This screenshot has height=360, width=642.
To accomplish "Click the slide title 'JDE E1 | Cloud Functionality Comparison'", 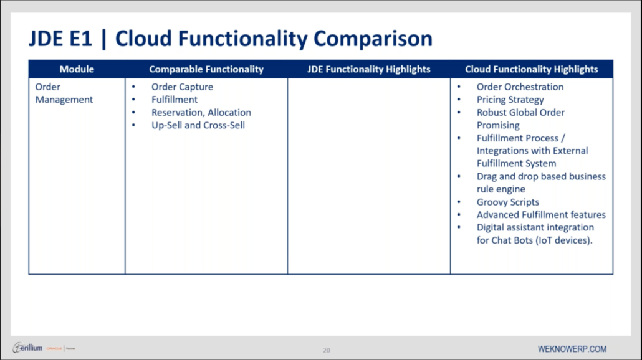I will click(x=230, y=39).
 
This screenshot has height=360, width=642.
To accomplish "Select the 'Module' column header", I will click(x=77, y=69).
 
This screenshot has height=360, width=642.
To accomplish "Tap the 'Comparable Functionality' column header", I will click(x=206, y=69).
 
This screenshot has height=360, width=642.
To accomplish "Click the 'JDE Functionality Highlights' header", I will click(x=368, y=69).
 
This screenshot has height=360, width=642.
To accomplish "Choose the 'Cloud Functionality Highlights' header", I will click(x=531, y=69).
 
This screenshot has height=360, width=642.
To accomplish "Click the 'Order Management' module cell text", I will click(x=64, y=93).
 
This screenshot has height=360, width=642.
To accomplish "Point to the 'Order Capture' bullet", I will click(x=182, y=87).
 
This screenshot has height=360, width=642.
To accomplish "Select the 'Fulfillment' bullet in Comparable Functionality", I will click(x=174, y=100).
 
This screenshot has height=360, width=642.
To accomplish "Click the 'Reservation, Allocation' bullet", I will click(x=201, y=113).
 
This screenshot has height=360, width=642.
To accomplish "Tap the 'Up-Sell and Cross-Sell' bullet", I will click(x=198, y=125).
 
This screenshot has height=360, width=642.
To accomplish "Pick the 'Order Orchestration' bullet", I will click(x=520, y=87).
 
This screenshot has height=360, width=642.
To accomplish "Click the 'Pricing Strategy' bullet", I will click(x=510, y=100).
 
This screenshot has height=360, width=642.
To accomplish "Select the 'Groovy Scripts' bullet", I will click(x=507, y=202).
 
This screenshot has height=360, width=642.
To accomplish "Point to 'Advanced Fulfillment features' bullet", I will click(x=541, y=215).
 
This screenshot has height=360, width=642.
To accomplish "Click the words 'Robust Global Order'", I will click(x=520, y=113).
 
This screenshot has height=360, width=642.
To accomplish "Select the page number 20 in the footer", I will click(x=326, y=350).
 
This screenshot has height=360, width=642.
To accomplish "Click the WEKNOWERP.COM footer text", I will click(x=572, y=349).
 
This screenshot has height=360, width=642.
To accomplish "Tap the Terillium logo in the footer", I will click(x=29, y=348).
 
